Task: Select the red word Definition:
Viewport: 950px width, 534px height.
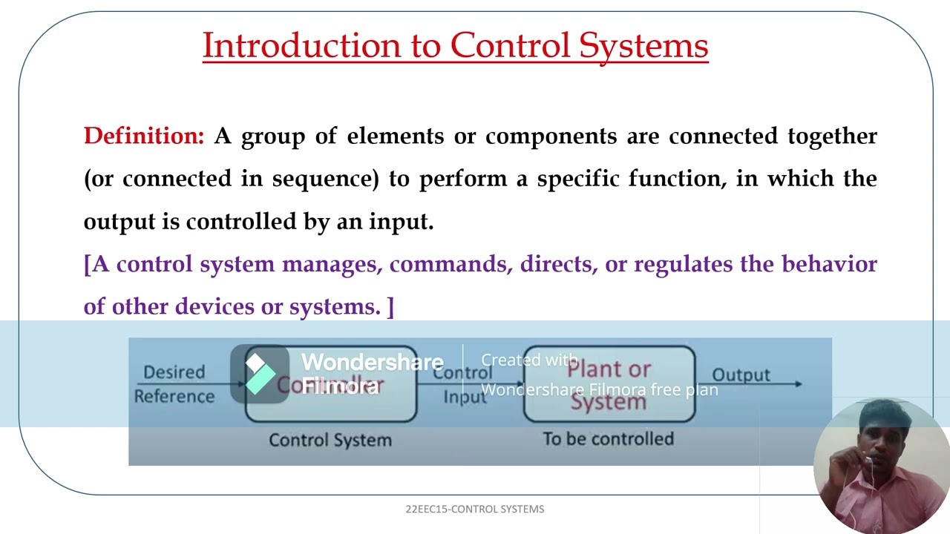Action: pyautogui.click(x=143, y=136)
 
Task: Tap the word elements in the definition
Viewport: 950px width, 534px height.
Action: pyautogui.click(x=395, y=136)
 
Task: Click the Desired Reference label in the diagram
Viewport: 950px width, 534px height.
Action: pyautogui.click(x=174, y=384)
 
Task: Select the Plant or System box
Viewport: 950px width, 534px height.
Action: pyautogui.click(x=609, y=384)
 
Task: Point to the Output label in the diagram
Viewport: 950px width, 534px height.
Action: pyautogui.click(x=741, y=375)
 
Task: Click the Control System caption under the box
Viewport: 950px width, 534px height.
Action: pyautogui.click(x=330, y=440)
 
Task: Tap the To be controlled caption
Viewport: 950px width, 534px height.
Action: pyautogui.click(x=608, y=439)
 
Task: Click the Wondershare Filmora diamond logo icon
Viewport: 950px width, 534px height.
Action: pyautogui.click(x=259, y=374)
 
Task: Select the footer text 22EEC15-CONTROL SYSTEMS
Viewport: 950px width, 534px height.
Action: pyautogui.click(x=475, y=509)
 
